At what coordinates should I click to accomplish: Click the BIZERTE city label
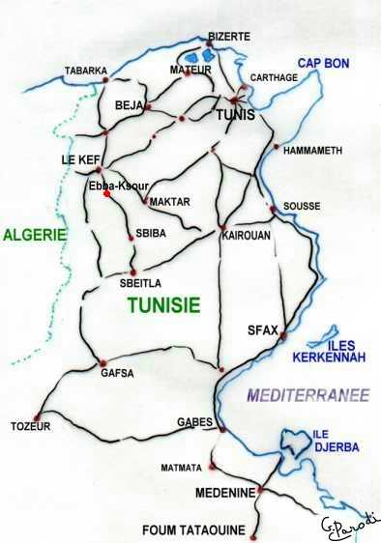pyautogui.click(x=228, y=36)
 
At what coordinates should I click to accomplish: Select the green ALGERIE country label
pyautogui.click(x=34, y=234)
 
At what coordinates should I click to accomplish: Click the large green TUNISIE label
pyautogui.click(x=163, y=305)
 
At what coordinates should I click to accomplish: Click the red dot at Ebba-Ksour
pyautogui.click(x=106, y=193)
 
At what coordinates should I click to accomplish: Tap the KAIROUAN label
pyautogui.click(x=247, y=235)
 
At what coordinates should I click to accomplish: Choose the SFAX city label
pyautogui.click(x=263, y=329)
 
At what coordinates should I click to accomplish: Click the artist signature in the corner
pyautogui.click(x=350, y=525)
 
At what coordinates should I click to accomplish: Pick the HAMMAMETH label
pyautogui.click(x=311, y=149)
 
